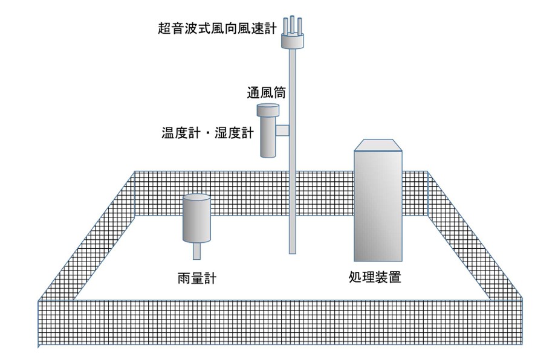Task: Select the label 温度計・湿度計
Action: point(208,132)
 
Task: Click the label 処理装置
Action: point(375,278)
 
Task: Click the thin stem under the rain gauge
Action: point(196,249)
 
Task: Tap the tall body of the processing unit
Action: point(378,205)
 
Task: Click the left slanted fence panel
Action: point(91,242)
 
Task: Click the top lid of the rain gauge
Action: point(196,198)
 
